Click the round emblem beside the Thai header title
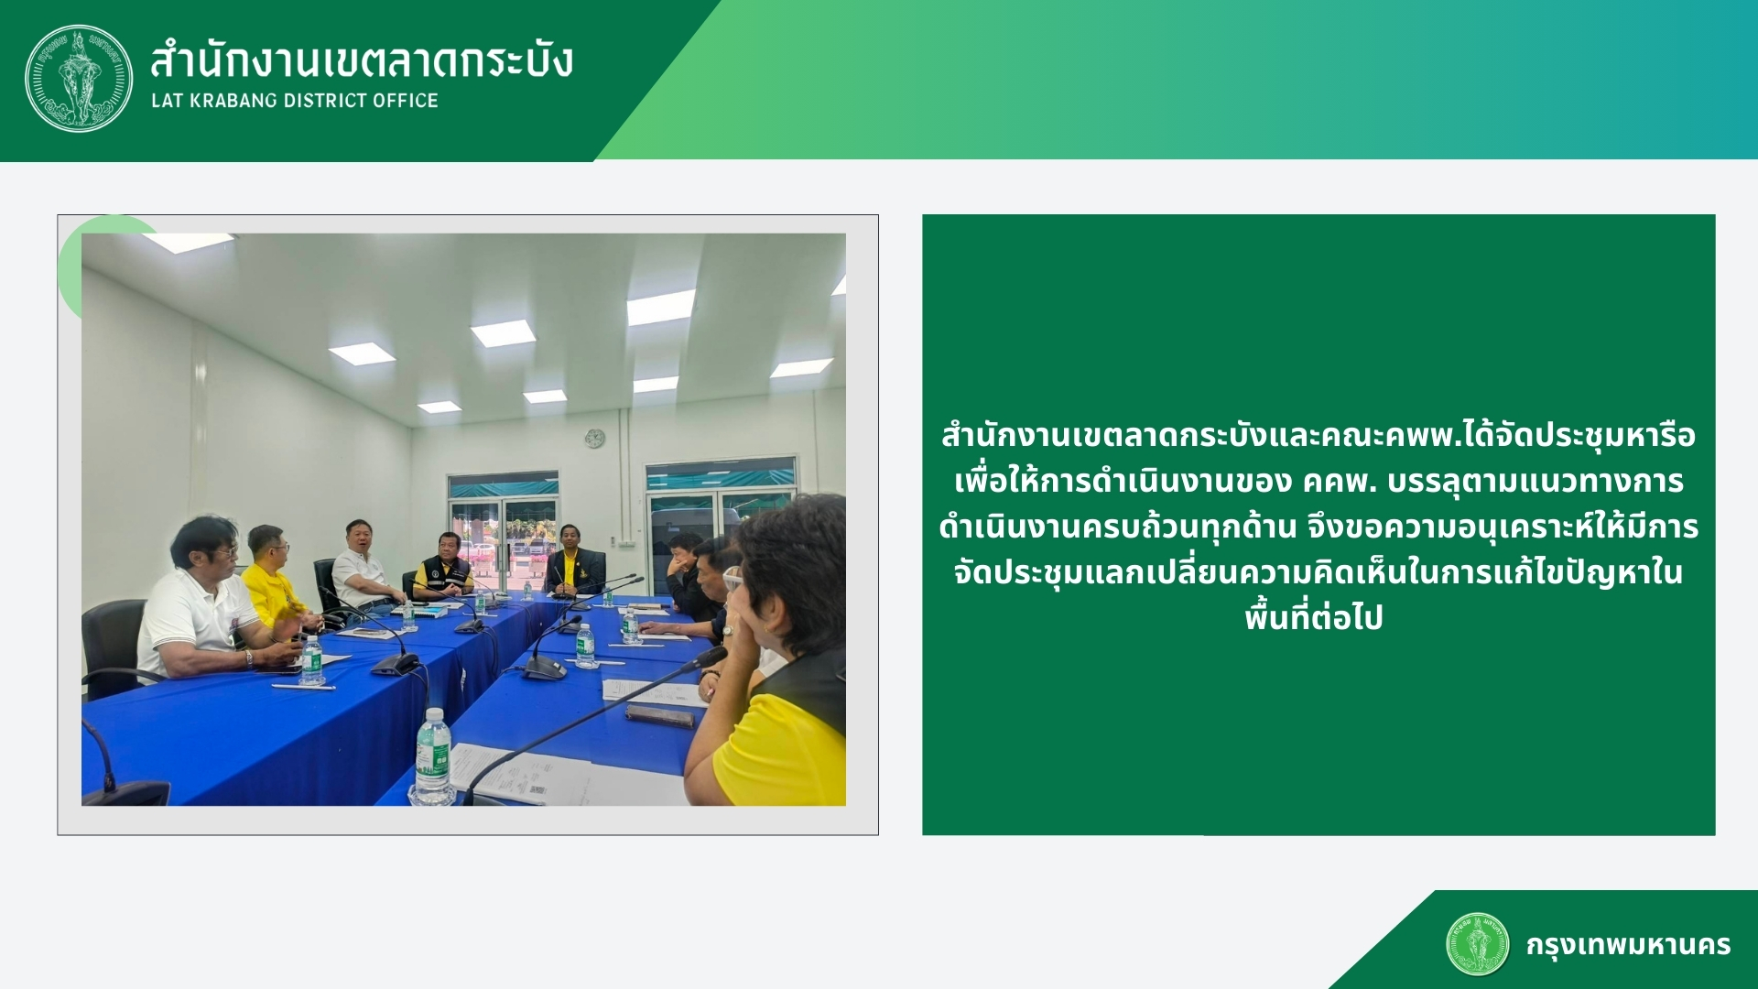(79, 78)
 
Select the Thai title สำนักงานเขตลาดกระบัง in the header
(362, 60)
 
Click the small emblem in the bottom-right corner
(1477, 944)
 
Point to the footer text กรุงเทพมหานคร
(1628, 945)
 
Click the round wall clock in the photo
(594, 439)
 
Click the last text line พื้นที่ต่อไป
(1314, 618)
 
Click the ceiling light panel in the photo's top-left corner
(190, 242)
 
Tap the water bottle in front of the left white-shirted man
(312, 660)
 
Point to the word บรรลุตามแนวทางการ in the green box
(1536, 482)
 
